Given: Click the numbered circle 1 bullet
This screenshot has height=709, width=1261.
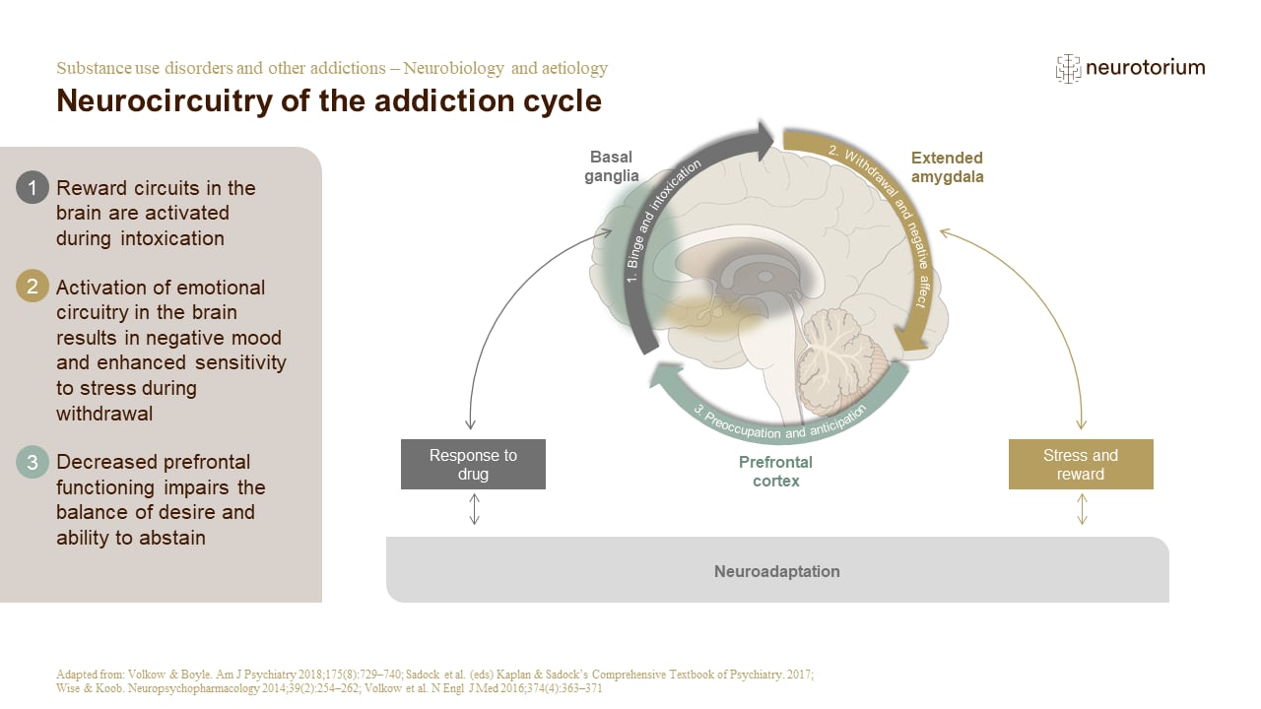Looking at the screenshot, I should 33,187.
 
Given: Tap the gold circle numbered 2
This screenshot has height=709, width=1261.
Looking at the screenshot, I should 33,287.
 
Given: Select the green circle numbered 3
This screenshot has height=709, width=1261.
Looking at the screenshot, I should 33,462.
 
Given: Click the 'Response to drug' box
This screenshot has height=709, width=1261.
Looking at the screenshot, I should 473,464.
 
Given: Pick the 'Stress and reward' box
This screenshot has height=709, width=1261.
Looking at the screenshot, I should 1081,464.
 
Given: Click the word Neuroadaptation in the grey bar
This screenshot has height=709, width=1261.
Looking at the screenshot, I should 777,571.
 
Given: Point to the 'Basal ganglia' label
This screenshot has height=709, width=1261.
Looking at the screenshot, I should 613,166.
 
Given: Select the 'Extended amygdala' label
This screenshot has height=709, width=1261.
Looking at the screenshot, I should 947,167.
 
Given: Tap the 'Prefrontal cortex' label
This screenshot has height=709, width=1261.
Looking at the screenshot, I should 775,472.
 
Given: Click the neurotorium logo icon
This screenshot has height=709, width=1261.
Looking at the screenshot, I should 1067,68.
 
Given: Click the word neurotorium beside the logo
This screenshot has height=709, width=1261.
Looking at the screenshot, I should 1145,68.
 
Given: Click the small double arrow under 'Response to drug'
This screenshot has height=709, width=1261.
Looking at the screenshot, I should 474,509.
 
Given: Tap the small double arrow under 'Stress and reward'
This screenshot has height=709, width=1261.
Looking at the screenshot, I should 1082,509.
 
